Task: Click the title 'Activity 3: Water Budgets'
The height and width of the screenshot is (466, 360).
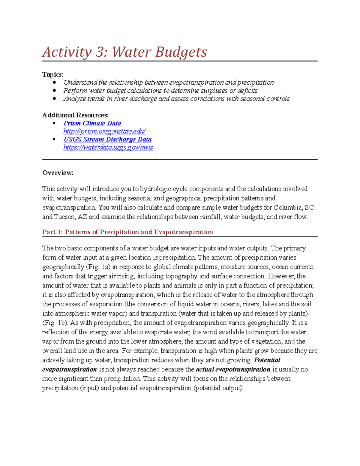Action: pyautogui.click(x=124, y=52)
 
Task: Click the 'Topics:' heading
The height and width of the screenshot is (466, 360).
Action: pyautogui.click(x=53, y=74)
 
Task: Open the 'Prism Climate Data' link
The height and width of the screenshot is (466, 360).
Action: pyautogui.click(x=92, y=123)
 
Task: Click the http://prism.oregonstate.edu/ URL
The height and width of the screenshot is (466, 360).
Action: pyautogui.click(x=104, y=131)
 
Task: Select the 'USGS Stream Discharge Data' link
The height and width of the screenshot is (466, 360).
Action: pyautogui.click(x=107, y=140)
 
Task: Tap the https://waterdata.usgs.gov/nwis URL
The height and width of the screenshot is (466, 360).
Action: pyautogui.click(x=108, y=148)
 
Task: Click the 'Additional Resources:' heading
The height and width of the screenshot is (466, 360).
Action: pyautogui.click(x=75, y=115)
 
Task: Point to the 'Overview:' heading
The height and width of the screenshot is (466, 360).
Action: pyautogui.click(x=58, y=173)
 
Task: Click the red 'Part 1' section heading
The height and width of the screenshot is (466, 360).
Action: pyautogui.click(x=127, y=232)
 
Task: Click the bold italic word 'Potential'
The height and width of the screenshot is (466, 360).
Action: pyautogui.click(x=267, y=360)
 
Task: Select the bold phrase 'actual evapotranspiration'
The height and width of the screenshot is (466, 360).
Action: pyautogui.click(x=233, y=369)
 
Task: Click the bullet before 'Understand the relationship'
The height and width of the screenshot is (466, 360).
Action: pyautogui.click(x=54, y=82)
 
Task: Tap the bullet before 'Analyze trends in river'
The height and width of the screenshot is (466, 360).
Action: pyautogui.click(x=54, y=98)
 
